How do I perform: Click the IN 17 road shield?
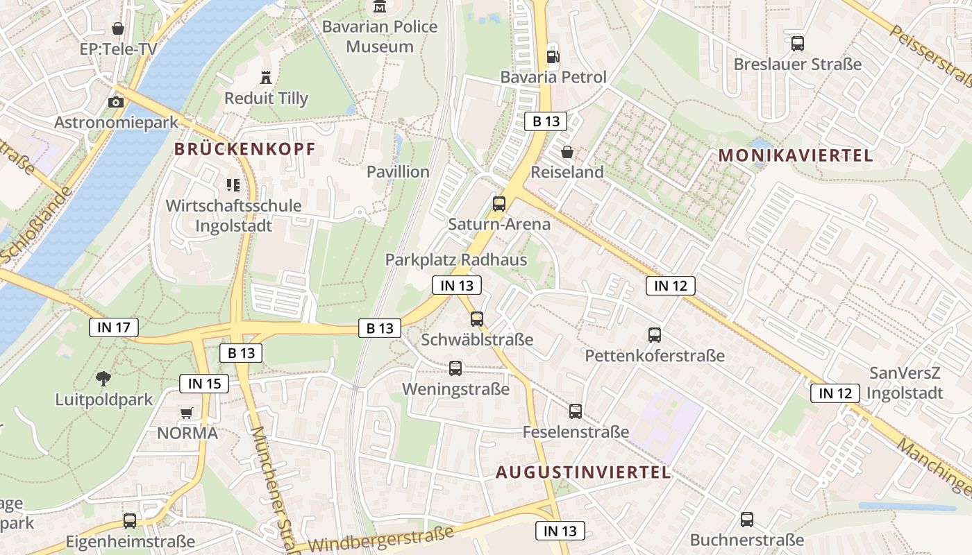click(x=114, y=327)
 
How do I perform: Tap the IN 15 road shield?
click(x=204, y=383)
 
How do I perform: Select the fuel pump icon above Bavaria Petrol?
click(x=553, y=56)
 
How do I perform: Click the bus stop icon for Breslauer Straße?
click(x=798, y=44)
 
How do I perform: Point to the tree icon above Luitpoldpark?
click(x=103, y=379)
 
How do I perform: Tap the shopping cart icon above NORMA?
click(x=186, y=413)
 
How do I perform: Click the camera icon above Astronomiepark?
click(x=116, y=102)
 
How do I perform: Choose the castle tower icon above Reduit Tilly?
click(x=265, y=77)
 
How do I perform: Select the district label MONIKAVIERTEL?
click(x=796, y=155)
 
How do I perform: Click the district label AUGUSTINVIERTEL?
click(x=583, y=472)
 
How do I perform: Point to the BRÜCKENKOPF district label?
click(x=244, y=148)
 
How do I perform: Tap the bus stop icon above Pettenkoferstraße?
click(x=655, y=335)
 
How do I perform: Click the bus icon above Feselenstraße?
click(x=576, y=411)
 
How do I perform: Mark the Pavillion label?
click(x=398, y=171)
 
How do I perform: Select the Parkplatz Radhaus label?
click(x=456, y=260)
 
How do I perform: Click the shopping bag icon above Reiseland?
click(x=567, y=151)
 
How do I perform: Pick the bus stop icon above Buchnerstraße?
click(x=747, y=519)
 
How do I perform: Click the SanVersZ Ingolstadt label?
click(x=906, y=382)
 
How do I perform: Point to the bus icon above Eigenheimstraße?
click(x=130, y=520)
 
